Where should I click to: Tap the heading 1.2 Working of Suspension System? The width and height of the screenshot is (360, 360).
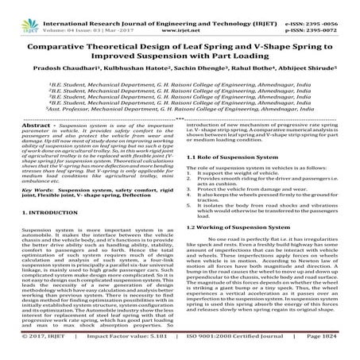click(x=238, y=226)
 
